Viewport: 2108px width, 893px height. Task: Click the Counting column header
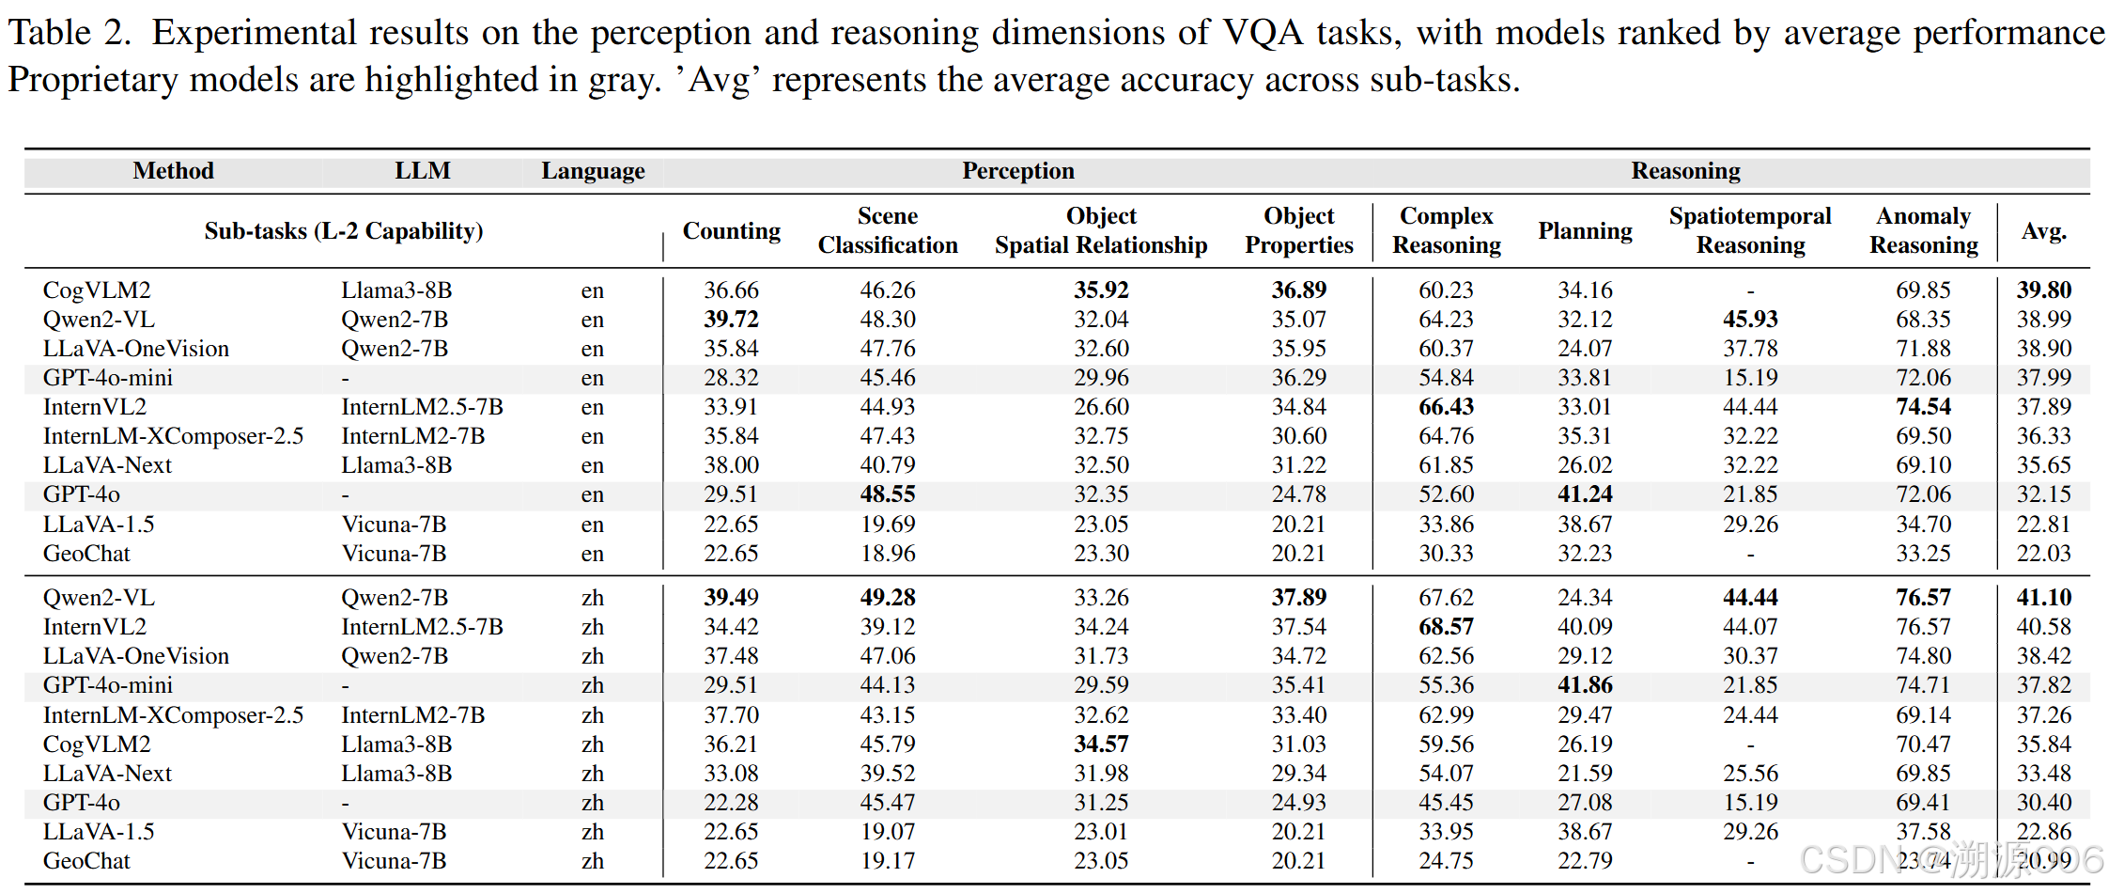[731, 231]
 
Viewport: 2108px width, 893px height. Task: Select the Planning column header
[1585, 231]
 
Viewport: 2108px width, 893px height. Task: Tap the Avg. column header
[2043, 231]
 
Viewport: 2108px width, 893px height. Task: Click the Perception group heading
[1017, 171]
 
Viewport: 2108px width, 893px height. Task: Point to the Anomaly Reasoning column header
[1923, 231]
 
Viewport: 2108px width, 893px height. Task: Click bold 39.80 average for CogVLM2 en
[2043, 290]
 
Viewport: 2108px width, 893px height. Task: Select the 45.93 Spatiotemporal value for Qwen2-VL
[1750, 320]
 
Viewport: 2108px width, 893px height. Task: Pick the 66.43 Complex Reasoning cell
[1446, 407]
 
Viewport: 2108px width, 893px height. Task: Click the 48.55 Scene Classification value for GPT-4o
[888, 494]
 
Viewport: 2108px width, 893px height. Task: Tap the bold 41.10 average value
[2043, 598]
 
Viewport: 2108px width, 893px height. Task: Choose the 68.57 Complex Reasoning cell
[1446, 627]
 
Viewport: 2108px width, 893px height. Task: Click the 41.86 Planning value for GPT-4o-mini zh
[1585, 685]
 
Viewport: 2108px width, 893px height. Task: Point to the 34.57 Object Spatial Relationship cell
[1101, 744]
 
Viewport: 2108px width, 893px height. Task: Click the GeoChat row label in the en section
[86, 554]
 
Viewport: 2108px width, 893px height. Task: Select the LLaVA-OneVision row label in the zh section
[136, 656]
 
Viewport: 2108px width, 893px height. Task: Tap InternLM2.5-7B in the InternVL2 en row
[422, 407]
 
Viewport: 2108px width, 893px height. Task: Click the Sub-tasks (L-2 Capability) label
[344, 231]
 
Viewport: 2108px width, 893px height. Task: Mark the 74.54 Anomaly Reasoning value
[1923, 407]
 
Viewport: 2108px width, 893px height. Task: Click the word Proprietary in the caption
[92, 80]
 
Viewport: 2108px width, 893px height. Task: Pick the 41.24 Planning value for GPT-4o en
[1585, 494]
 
